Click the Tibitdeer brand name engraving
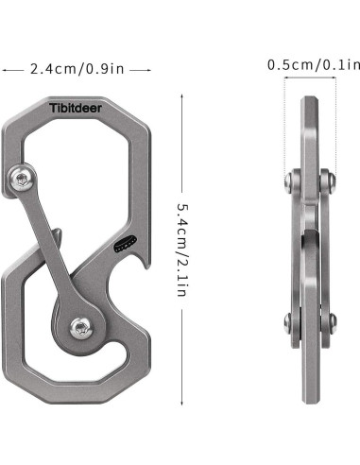pyautogui.click(x=76, y=108)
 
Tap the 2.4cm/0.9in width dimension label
pyautogui.click(x=77, y=69)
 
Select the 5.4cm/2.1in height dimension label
pyautogui.click(x=182, y=250)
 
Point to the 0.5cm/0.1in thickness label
pyautogui.click(x=314, y=65)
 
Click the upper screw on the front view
pyautogui.click(x=22, y=179)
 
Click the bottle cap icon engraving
pyautogui.click(x=125, y=244)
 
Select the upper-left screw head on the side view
pyautogui.click(x=289, y=181)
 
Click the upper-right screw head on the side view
pyautogui.click(x=331, y=181)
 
